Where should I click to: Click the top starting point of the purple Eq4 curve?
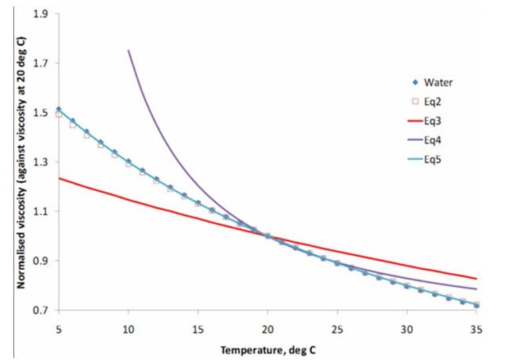[x=129, y=51]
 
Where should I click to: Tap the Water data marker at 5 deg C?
[x=59, y=109]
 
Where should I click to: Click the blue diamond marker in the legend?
[x=416, y=83]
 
